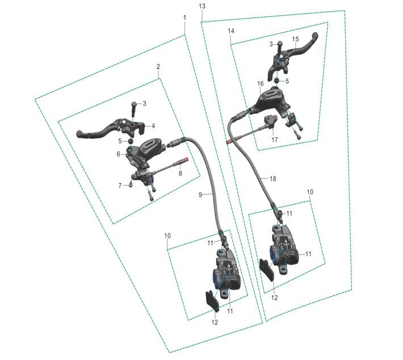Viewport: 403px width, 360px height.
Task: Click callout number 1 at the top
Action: coord(184,18)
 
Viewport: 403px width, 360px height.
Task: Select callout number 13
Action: coord(202,6)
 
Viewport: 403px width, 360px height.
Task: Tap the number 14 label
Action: coord(231,31)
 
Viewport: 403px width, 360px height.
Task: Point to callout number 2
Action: coord(158,66)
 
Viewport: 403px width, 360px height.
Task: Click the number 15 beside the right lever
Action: coord(296,39)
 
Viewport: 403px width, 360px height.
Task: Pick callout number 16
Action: coord(261,83)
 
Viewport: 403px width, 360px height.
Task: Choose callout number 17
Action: coord(275,139)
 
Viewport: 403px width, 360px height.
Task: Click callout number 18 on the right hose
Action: coord(272,179)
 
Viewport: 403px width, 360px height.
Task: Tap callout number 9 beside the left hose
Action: coord(200,195)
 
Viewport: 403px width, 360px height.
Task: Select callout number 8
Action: coord(180,173)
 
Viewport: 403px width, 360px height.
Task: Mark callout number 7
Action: coord(120,185)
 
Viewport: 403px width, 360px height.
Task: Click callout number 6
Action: coord(118,154)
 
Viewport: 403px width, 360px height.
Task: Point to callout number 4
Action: coord(153,126)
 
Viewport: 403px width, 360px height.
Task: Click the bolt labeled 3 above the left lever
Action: coord(134,109)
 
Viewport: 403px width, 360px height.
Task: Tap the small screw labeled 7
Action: coord(131,184)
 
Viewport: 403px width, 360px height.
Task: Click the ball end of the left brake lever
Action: coord(79,134)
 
